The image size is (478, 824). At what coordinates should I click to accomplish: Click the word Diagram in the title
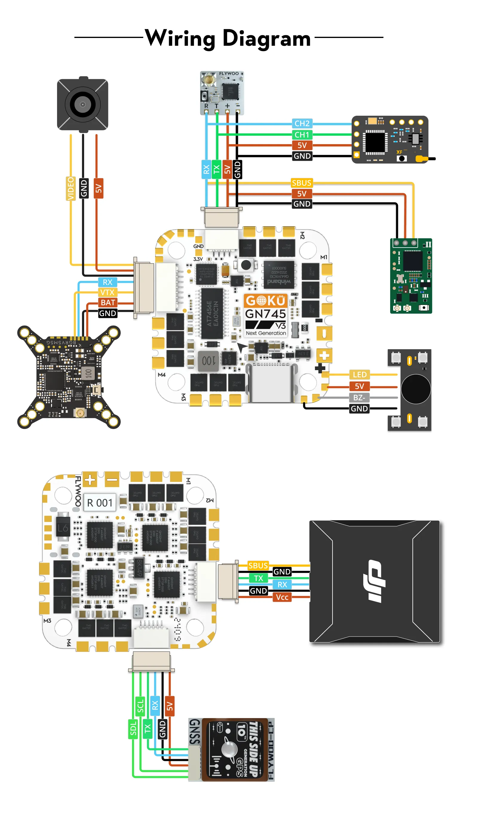[266, 39]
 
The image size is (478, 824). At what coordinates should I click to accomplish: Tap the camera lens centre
[83, 105]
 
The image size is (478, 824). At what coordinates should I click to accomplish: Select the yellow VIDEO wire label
[71, 188]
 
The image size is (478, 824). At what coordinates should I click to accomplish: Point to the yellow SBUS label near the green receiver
[301, 183]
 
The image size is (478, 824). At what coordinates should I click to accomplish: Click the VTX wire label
[107, 292]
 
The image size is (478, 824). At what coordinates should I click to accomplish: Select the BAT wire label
[108, 303]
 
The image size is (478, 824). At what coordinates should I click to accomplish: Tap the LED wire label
[359, 374]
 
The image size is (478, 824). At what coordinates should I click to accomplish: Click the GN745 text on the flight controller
[265, 314]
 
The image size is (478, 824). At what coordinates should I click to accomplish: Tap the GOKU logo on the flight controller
[265, 300]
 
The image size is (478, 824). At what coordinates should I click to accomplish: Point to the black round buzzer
[415, 389]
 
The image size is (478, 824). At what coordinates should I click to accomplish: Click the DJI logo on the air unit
[374, 581]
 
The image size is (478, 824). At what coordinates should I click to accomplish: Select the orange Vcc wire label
[282, 597]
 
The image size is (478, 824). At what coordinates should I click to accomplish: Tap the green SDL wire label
[133, 729]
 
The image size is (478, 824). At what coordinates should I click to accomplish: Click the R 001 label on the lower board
[100, 503]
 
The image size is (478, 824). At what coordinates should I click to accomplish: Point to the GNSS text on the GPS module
[195, 732]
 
